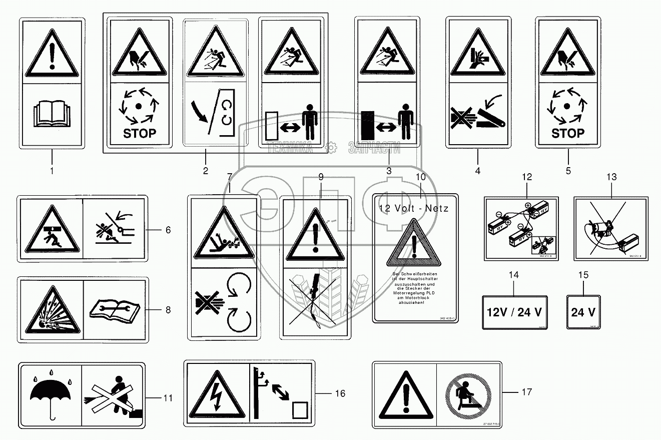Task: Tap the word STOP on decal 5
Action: (568, 133)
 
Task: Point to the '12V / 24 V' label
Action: (514, 312)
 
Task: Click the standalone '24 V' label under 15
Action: (583, 312)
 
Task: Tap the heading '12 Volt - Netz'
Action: (413, 208)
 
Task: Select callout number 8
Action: (168, 310)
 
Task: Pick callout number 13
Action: (611, 177)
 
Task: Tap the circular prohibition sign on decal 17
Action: (465, 394)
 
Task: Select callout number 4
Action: (478, 171)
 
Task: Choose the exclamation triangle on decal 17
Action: (404, 394)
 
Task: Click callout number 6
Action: (168, 230)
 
